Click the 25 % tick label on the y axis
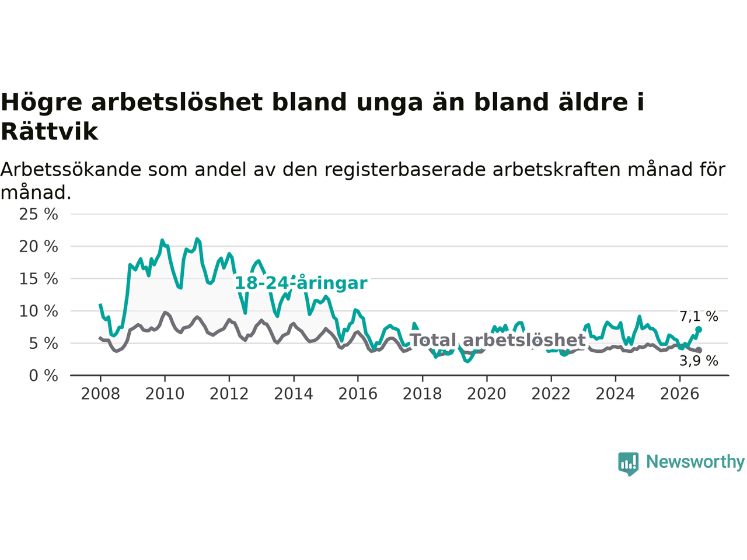pyautogui.click(x=39, y=214)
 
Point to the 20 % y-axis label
pyautogui.click(x=39, y=247)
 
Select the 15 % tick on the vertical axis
pyautogui.click(x=39, y=279)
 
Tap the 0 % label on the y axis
pyautogui.click(x=44, y=376)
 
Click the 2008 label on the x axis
pyautogui.click(x=100, y=394)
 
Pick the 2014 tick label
pyautogui.click(x=294, y=394)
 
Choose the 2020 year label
pyautogui.click(x=487, y=394)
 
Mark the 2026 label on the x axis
pyautogui.click(x=680, y=394)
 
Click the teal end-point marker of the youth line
pyautogui.click(x=699, y=330)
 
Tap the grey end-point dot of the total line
pyautogui.click(x=699, y=350)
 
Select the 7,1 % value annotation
pyautogui.click(x=699, y=316)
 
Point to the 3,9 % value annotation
pyautogui.click(x=699, y=360)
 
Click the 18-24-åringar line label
pyautogui.click(x=301, y=283)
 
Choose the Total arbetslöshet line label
pyautogui.click(x=498, y=340)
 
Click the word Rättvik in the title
pyautogui.click(x=50, y=132)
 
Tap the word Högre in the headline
pyautogui.click(x=41, y=103)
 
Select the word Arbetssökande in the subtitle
pyautogui.click(x=71, y=169)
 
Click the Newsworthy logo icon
pyautogui.click(x=628, y=464)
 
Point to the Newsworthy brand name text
pyautogui.click(x=695, y=462)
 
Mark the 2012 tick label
pyautogui.click(x=229, y=394)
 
